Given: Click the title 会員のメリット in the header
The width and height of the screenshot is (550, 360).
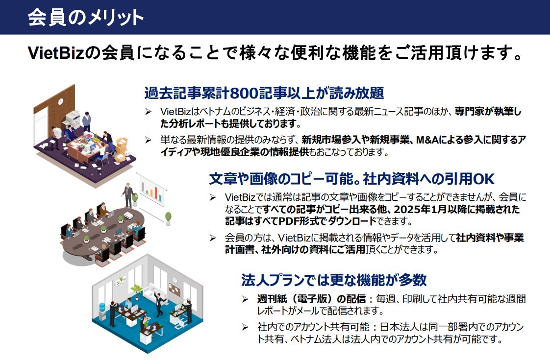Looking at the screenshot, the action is coord(86,17).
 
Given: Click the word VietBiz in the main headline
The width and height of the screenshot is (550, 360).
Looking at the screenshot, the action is coord(57,53).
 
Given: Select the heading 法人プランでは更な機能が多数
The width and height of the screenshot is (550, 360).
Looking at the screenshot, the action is coord(334,280).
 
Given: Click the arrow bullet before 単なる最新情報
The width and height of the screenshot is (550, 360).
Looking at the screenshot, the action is coord(148,141).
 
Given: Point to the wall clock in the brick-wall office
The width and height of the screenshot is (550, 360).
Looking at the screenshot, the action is coord(61,102).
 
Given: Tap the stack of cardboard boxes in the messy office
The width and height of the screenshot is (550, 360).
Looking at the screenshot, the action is coord(120,147).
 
